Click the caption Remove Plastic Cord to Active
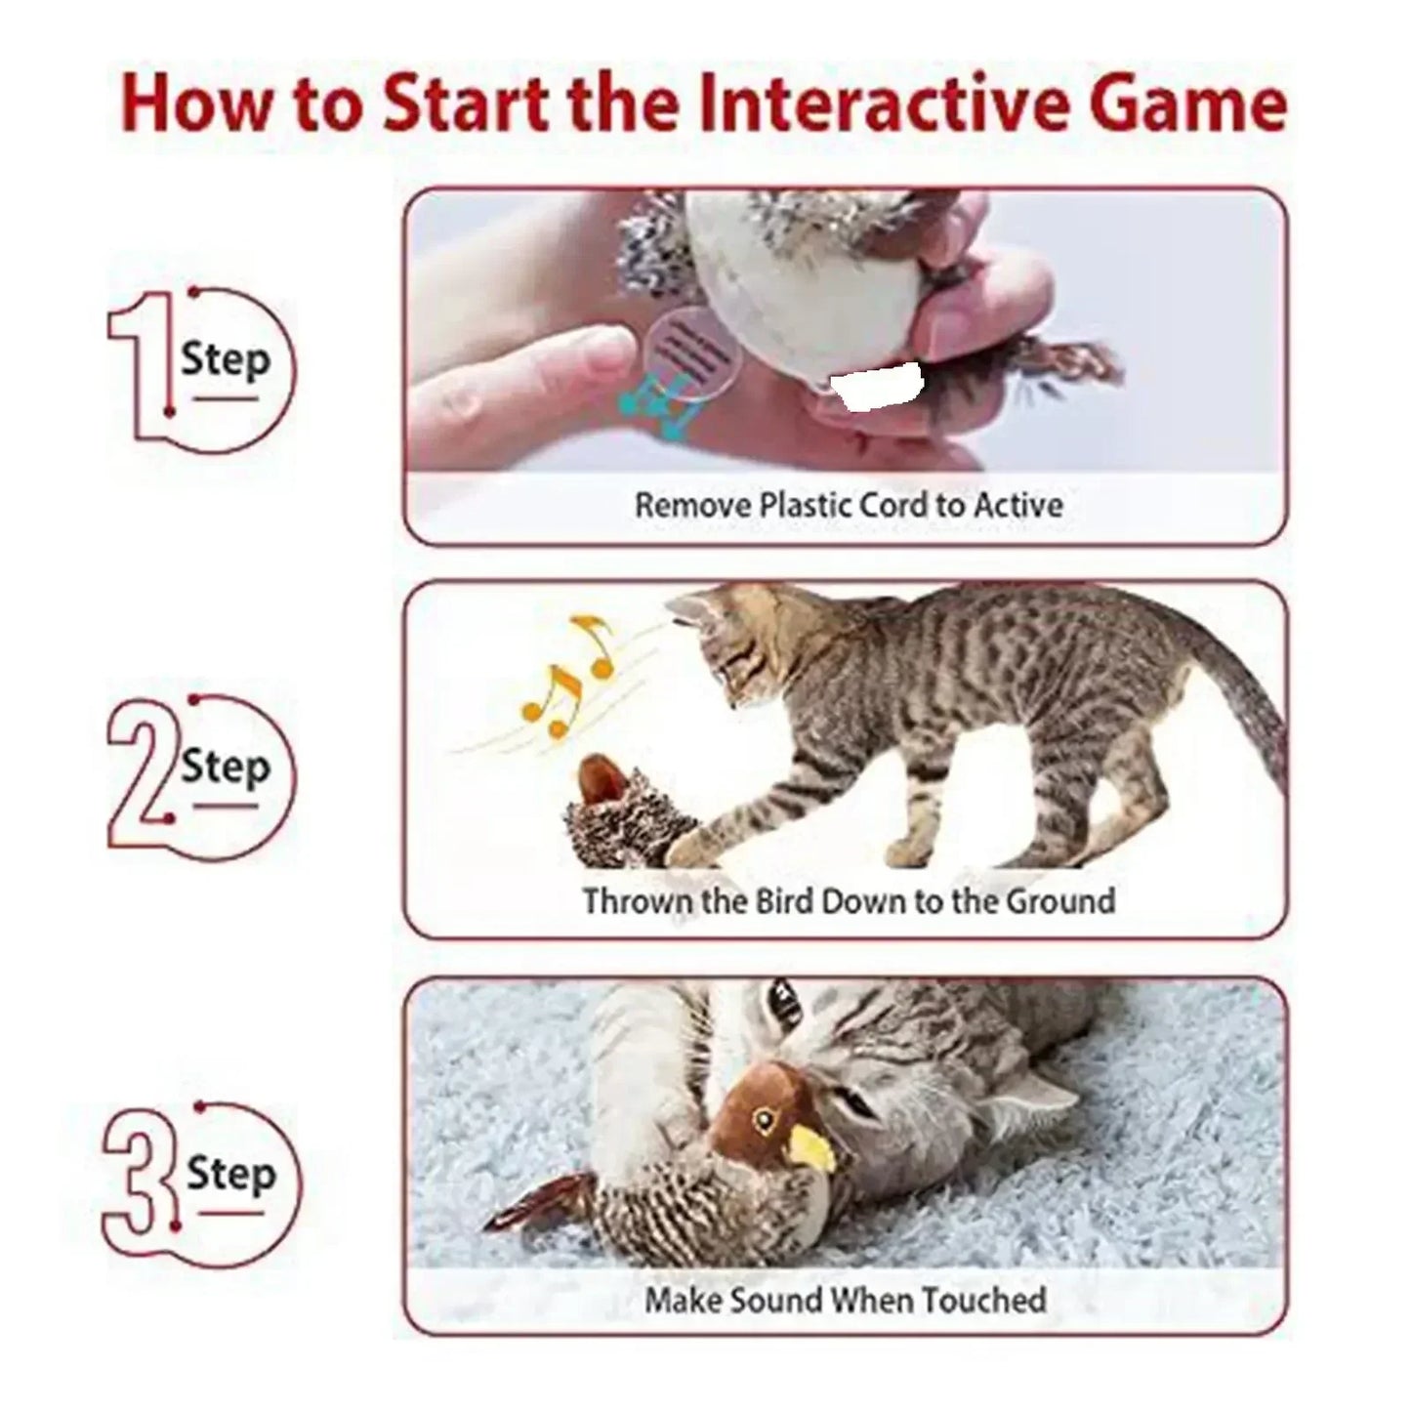848,506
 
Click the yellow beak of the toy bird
814,1146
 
